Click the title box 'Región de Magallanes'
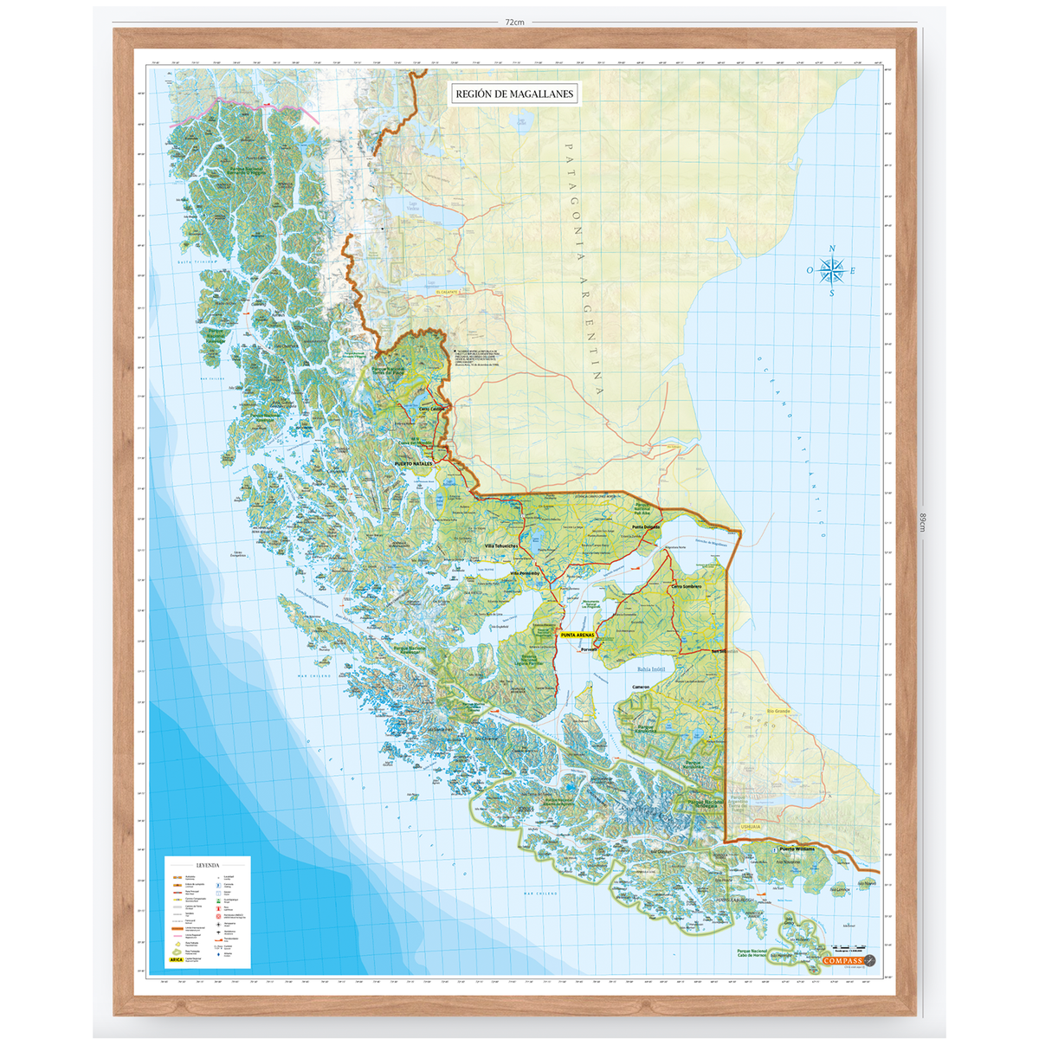pos(514,94)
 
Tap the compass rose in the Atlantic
pos(832,271)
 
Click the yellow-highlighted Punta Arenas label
pos(578,636)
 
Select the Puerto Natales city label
pos(413,464)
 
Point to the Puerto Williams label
pos(797,849)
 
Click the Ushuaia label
pos(750,827)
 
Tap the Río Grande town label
pos(776,711)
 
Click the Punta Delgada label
pos(645,526)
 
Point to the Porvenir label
pos(590,649)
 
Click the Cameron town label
pos(641,687)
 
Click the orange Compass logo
pos(843,959)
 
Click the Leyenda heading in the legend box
pos(208,865)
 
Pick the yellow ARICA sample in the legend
pos(177,959)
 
